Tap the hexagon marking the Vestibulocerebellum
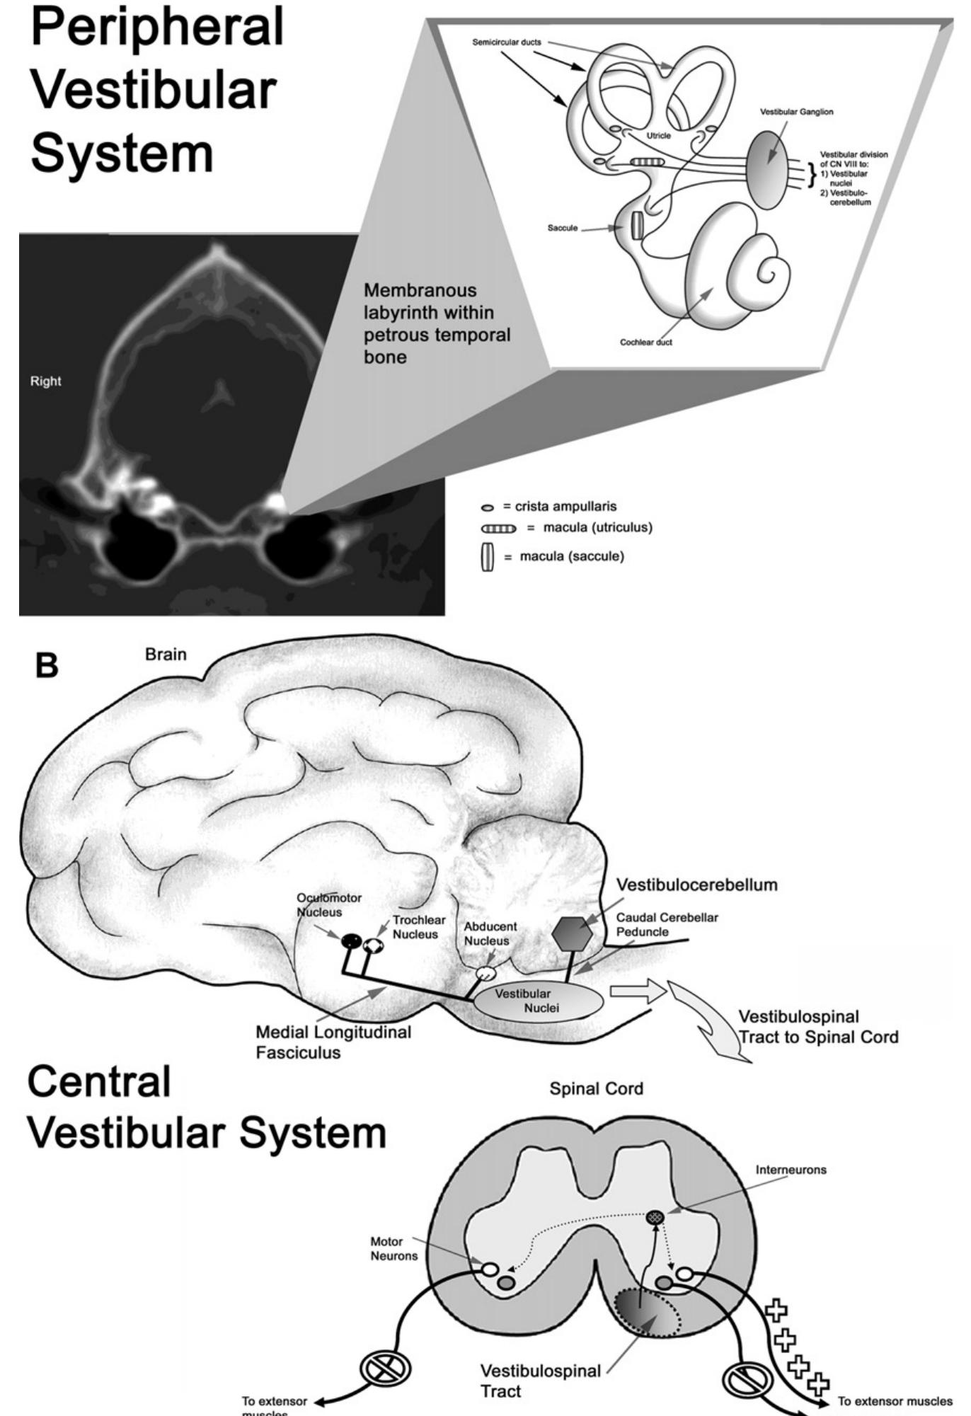572,934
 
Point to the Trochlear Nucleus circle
373,945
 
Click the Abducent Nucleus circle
485,973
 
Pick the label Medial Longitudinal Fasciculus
333,1042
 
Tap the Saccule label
562,229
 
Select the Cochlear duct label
645,342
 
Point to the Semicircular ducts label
507,42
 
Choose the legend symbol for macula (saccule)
487,557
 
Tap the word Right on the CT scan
45,381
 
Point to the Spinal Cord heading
596,1088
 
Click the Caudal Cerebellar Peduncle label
667,924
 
